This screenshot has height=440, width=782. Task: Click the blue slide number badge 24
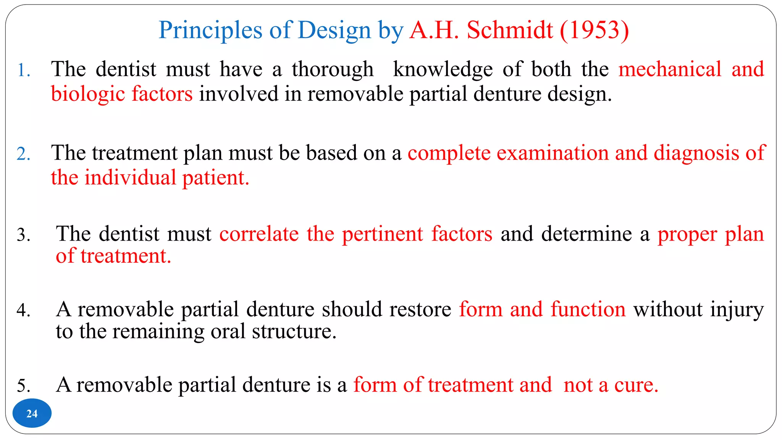click(32, 413)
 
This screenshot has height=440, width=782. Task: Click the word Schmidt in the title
click(510, 30)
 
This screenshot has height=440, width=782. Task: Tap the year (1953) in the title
click(594, 30)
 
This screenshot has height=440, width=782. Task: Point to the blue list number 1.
click(24, 70)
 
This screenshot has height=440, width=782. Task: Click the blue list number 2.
click(23, 154)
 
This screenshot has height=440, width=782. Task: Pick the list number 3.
click(23, 235)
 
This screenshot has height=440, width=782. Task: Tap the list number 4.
click(23, 310)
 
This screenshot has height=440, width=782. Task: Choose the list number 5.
click(23, 385)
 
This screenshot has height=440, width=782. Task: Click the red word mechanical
click(670, 70)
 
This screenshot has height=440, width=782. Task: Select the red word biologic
click(88, 94)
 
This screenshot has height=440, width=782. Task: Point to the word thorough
click(333, 70)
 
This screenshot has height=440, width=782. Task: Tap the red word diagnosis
click(696, 153)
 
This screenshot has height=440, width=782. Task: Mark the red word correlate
click(259, 234)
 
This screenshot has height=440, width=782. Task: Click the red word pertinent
click(382, 235)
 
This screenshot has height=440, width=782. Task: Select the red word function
click(588, 309)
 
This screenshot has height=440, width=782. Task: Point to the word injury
click(737, 310)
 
